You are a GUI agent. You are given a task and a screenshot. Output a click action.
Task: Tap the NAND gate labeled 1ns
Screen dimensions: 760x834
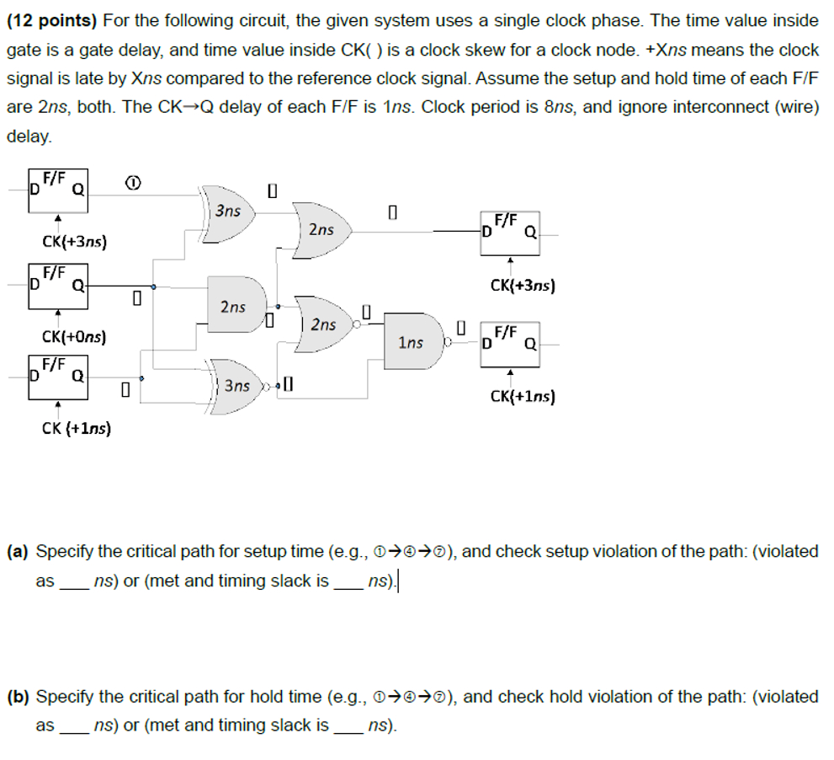[x=413, y=342]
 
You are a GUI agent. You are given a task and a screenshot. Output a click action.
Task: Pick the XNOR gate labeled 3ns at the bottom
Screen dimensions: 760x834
[x=238, y=386]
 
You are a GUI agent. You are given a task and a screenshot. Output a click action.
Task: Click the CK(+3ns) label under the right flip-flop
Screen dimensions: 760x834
[x=522, y=285]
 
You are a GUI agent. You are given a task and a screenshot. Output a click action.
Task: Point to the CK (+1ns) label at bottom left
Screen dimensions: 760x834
[x=77, y=428]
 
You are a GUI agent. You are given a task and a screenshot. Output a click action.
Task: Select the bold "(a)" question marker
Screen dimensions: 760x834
[x=18, y=552]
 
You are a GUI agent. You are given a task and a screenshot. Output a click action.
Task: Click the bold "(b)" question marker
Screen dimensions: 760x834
[x=18, y=697]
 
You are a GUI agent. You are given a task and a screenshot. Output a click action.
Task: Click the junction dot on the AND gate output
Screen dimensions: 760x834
[x=278, y=306]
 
